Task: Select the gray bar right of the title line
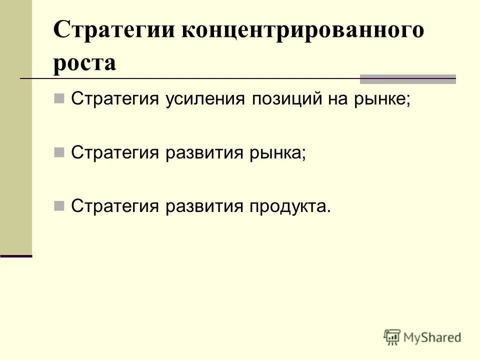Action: (x=408, y=79)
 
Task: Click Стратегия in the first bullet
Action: (x=115, y=98)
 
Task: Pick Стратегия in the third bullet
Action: (x=115, y=205)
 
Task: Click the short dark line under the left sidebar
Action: (x=16, y=256)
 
